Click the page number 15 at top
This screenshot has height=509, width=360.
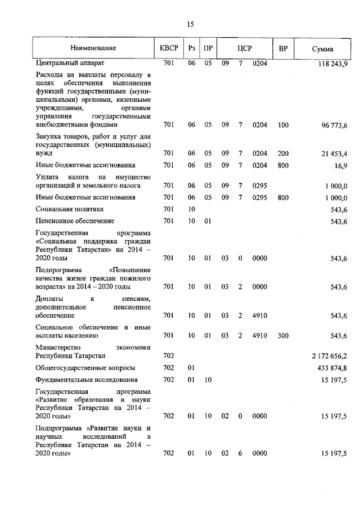point(190,24)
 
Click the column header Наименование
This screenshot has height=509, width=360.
point(93,49)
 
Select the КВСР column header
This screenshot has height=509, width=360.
point(169,49)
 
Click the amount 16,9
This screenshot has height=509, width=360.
point(340,165)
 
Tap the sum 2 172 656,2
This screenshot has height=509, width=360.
point(330,355)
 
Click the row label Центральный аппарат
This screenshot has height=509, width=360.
point(70,63)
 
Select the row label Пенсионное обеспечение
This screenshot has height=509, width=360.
point(75,221)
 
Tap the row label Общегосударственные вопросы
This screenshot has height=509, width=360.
point(85,368)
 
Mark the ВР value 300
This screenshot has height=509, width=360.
point(283,336)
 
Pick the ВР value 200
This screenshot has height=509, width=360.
point(283,153)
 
